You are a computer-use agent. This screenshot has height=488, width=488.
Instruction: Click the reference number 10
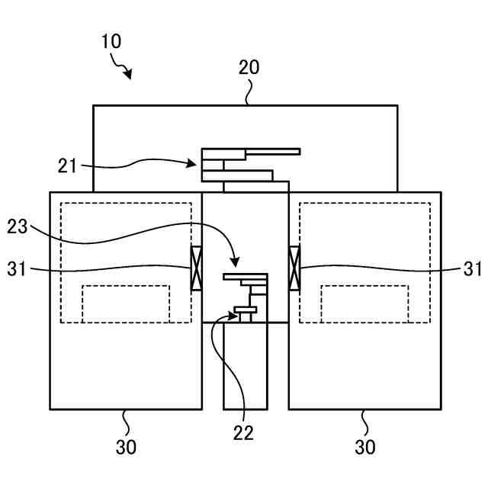coord(111,41)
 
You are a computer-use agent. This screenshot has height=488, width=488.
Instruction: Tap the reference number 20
coord(249,67)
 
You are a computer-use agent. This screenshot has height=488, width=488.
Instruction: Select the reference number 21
coord(68,164)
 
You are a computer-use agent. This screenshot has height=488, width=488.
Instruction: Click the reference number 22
coord(243,432)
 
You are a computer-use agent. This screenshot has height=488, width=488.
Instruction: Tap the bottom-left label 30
coord(126,447)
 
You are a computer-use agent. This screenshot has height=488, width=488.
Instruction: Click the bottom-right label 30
coord(365,447)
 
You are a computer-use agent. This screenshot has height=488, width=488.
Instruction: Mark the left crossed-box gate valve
coord(196,268)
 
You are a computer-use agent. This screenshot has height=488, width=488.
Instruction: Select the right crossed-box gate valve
coord(294,268)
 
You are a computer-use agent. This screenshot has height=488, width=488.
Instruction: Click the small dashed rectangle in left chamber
coord(126,303)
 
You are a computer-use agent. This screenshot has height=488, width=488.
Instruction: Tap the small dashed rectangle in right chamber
coord(364,303)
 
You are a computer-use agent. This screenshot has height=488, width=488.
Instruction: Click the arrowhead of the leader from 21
coord(197,162)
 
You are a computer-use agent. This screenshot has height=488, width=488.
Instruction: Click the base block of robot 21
coord(256,187)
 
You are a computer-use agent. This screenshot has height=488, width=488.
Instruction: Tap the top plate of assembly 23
coord(246,277)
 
